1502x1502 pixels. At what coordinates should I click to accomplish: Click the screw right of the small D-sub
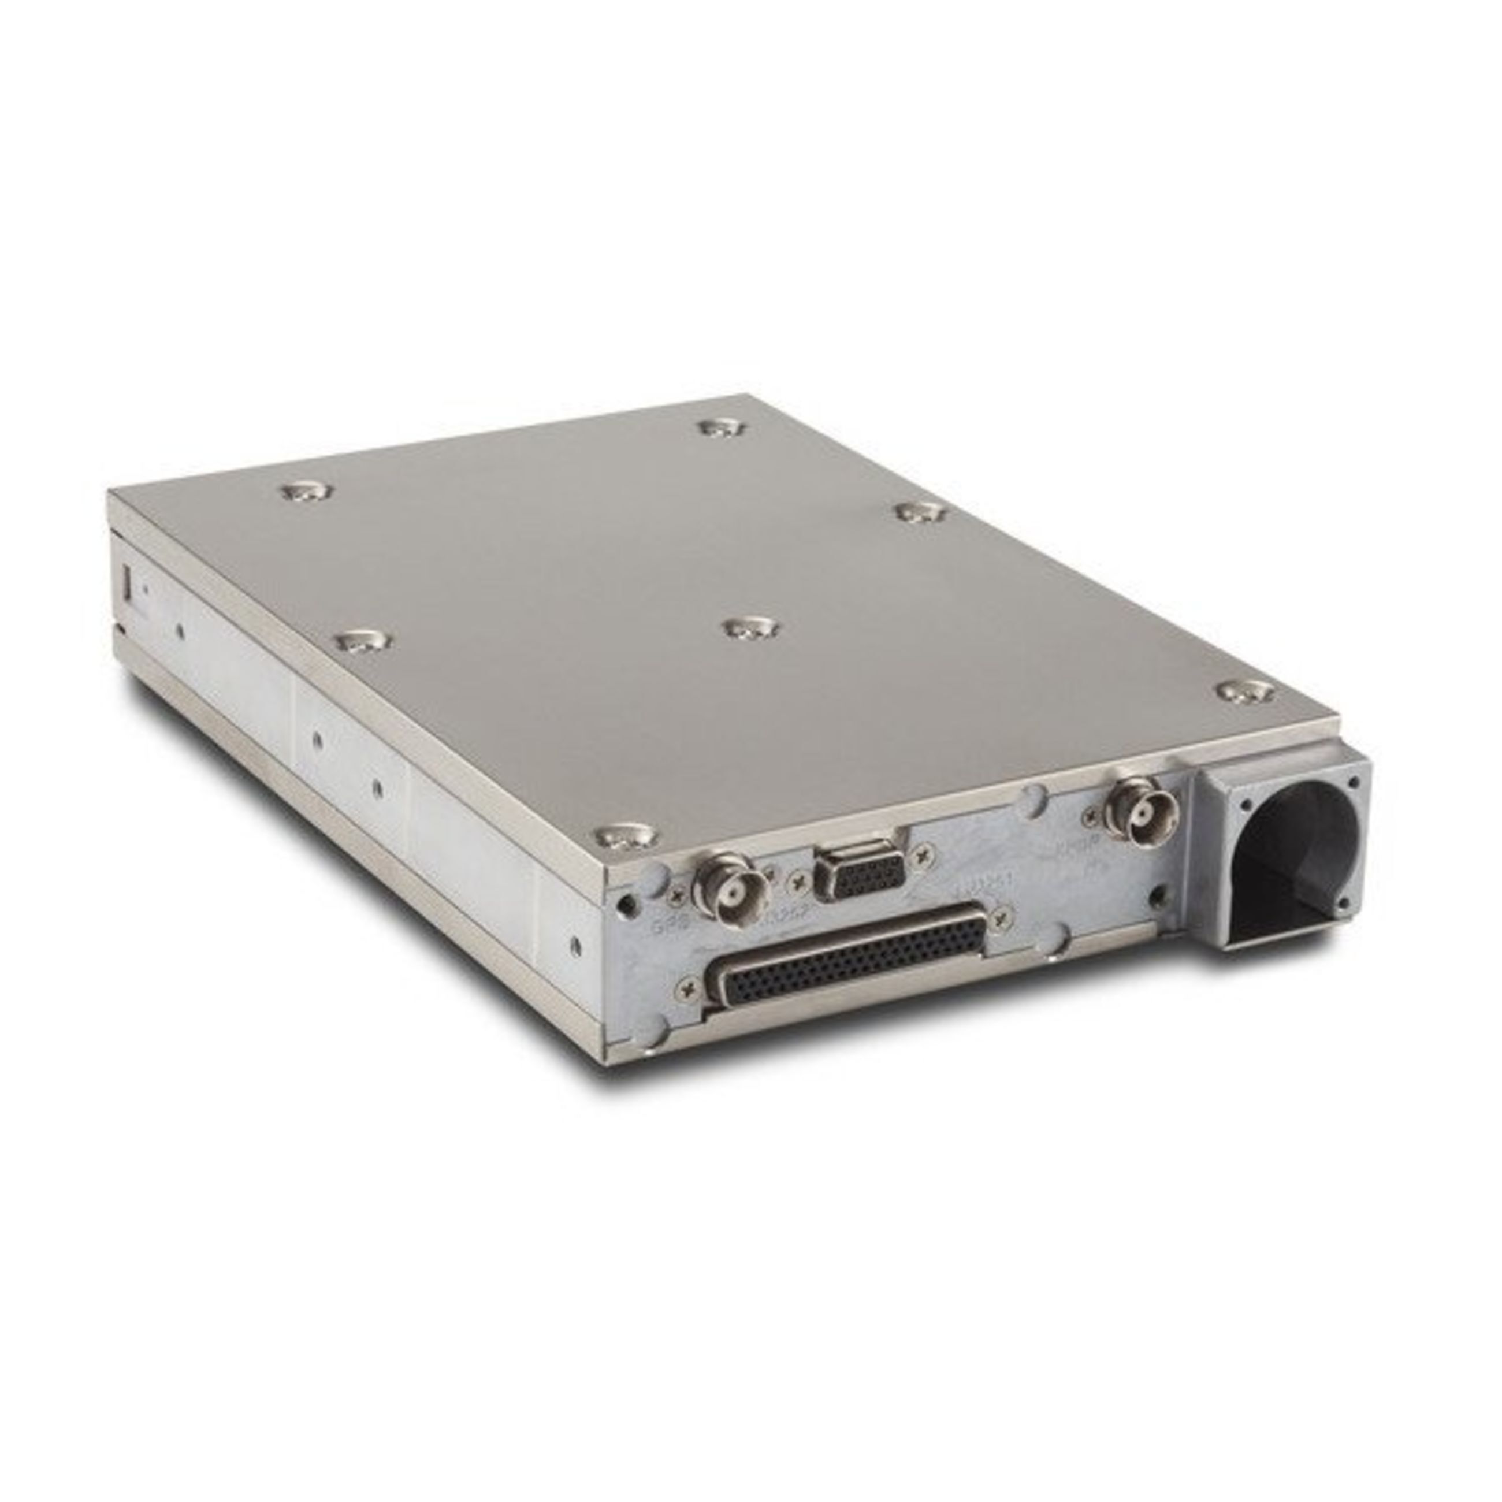click(924, 855)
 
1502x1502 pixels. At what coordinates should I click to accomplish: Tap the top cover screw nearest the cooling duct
click(1245, 690)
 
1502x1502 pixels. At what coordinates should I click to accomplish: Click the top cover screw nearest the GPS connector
click(627, 836)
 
